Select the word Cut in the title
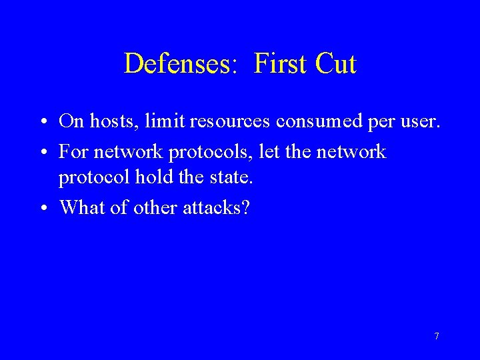[335, 64]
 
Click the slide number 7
[437, 336]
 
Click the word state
[230, 179]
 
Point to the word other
[155, 207]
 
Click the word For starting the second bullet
[73, 151]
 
